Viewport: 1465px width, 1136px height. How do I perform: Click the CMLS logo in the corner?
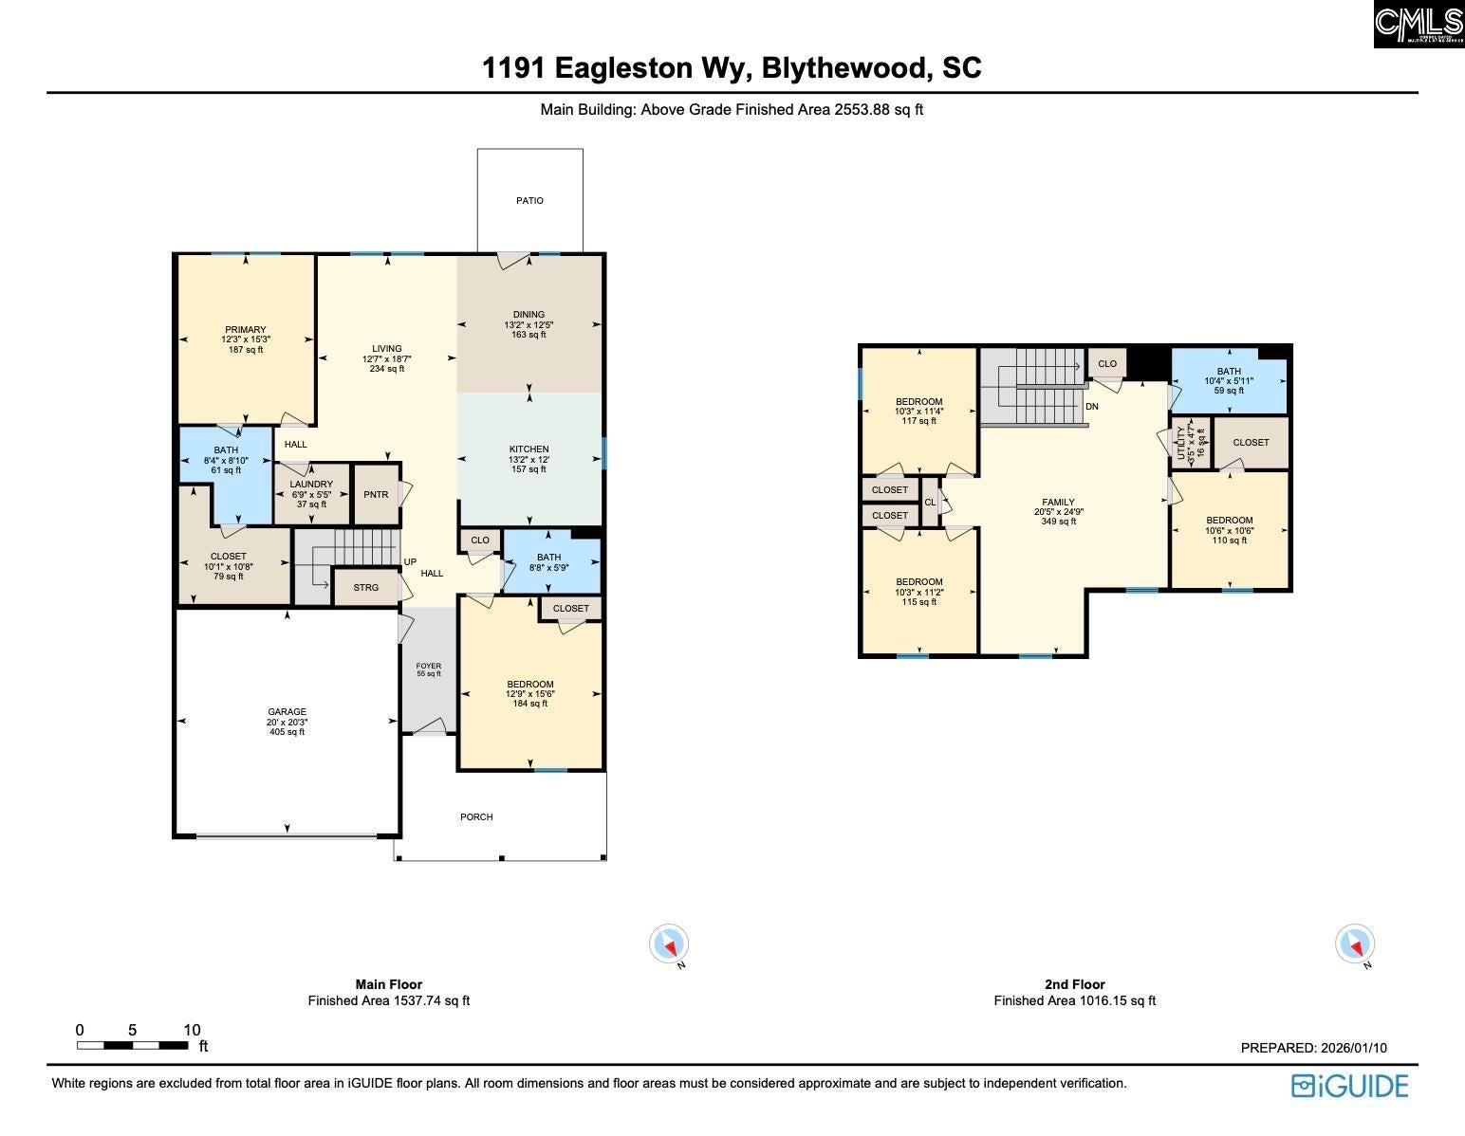point(1419,24)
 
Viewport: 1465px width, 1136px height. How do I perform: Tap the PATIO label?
point(529,201)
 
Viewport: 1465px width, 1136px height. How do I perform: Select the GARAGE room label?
point(287,711)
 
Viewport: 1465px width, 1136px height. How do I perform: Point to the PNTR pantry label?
point(376,495)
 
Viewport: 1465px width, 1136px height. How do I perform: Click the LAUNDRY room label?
point(311,484)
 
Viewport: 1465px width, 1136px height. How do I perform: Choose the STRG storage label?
point(366,588)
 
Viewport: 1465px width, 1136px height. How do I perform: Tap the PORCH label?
point(476,816)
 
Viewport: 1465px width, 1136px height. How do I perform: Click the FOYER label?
point(429,666)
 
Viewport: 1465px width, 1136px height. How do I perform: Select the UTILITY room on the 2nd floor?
point(1192,443)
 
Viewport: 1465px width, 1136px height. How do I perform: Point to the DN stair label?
point(1092,406)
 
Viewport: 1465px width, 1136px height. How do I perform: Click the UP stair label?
point(410,562)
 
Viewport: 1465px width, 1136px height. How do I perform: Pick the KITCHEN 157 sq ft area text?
point(529,469)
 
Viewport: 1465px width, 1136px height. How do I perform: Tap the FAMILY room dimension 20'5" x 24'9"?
point(1059,511)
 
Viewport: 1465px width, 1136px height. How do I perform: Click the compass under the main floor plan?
point(669,944)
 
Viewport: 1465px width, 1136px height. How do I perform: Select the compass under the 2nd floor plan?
point(1354,944)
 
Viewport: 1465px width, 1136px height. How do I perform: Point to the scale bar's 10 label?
point(193,1030)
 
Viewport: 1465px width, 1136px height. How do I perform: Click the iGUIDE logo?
point(1349,1086)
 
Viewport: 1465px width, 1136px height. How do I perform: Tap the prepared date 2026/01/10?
point(1354,1048)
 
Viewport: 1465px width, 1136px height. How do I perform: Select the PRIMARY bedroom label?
point(246,329)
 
